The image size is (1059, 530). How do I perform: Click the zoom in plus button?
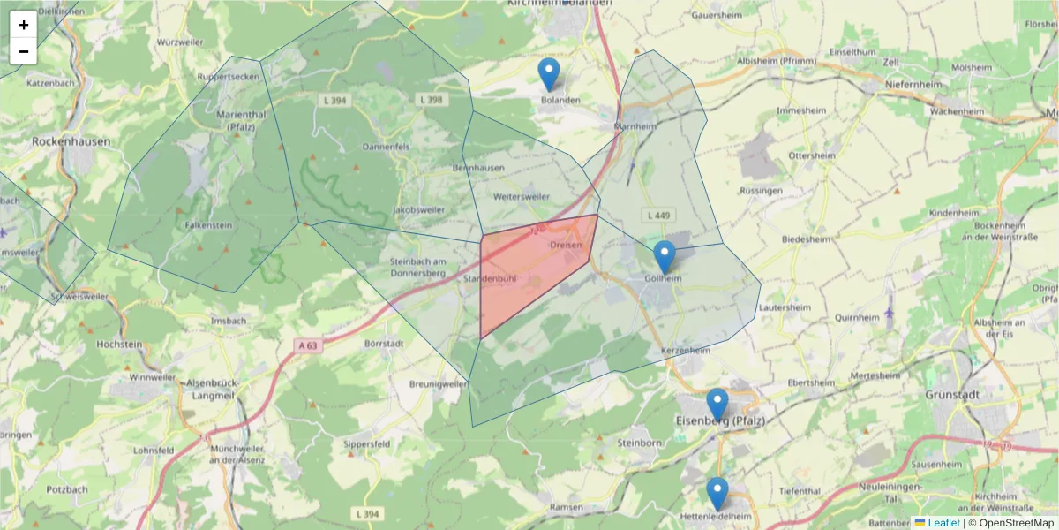pos(24,25)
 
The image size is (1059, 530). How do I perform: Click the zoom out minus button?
pos(24,51)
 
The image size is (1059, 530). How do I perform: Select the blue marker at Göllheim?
pos(665,257)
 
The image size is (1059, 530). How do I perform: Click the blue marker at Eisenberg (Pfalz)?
pos(717,405)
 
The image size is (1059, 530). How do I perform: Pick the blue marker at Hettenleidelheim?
pos(717,494)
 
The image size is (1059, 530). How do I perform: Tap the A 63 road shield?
pos(307,345)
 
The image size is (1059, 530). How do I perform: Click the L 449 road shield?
pos(657,215)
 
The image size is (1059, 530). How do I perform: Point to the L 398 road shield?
pos(432,100)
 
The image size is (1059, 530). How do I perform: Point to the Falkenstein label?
pos(208,225)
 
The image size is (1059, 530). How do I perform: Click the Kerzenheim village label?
pos(686,351)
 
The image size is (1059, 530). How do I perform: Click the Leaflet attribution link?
pos(943,523)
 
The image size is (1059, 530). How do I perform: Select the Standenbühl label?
pos(490,278)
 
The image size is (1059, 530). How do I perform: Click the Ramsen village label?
pos(566,507)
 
